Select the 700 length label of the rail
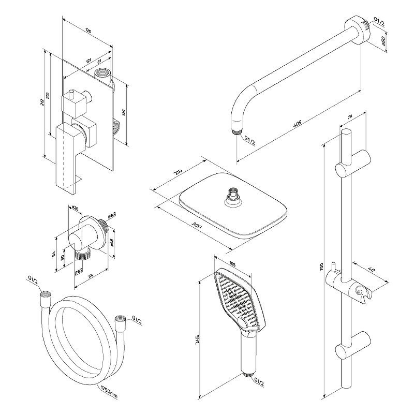(x=321, y=268)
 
